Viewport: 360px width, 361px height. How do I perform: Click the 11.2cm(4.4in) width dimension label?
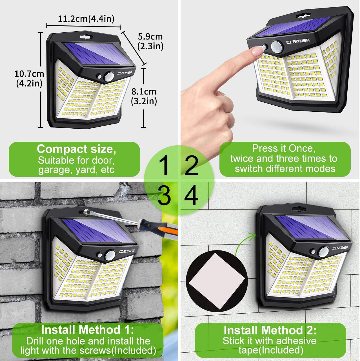(86, 19)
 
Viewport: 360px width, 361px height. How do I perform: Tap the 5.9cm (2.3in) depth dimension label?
(150, 41)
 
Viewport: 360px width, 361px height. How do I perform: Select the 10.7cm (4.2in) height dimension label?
(29, 78)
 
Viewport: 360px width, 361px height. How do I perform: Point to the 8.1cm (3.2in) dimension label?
(144, 96)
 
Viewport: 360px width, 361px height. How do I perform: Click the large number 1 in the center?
(165, 166)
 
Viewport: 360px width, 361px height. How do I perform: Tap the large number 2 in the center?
(192, 166)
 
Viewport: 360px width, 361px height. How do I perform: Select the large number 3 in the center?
(164, 195)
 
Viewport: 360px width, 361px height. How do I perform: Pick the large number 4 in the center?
(191, 195)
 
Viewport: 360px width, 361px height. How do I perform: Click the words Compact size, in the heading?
(76, 149)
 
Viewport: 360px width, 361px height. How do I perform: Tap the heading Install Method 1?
(87, 329)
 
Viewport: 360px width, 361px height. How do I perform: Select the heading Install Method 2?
(270, 330)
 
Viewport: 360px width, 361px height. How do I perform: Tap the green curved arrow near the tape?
(244, 242)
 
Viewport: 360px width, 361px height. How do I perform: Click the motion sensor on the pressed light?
(277, 46)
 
